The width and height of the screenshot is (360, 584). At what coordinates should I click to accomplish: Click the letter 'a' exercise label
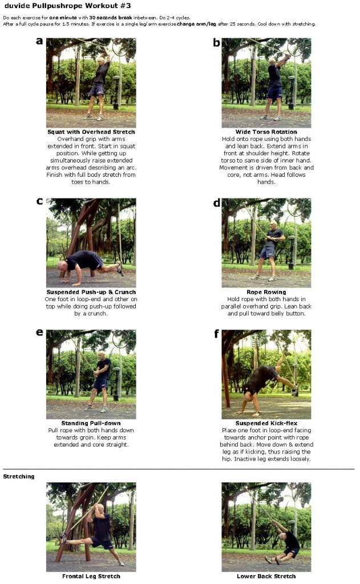point(39,41)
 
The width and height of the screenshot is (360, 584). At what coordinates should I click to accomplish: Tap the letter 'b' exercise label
point(216,42)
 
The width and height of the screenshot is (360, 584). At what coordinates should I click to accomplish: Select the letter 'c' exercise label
point(39,201)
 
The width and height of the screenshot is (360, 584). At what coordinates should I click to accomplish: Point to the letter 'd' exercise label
point(216,202)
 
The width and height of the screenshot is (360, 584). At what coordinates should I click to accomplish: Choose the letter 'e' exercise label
point(39,332)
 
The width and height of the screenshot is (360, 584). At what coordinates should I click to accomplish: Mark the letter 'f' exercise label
point(216,333)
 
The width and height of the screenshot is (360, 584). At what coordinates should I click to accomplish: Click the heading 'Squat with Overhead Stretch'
point(91,132)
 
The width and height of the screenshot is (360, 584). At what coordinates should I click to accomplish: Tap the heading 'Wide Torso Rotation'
point(266,132)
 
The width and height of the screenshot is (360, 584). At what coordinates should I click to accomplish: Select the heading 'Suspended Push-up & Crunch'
point(91,292)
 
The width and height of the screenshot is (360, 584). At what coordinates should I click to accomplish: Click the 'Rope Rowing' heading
point(266,292)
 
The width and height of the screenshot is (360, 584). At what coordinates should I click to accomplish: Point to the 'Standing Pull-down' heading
point(91,424)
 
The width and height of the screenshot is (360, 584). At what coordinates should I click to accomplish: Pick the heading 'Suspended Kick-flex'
point(266,424)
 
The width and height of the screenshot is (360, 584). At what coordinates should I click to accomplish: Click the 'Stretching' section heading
point(18,476)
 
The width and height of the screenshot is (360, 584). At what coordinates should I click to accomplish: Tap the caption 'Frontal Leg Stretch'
point(91,576)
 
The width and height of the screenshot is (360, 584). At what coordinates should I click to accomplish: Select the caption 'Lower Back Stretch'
point(266,576)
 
